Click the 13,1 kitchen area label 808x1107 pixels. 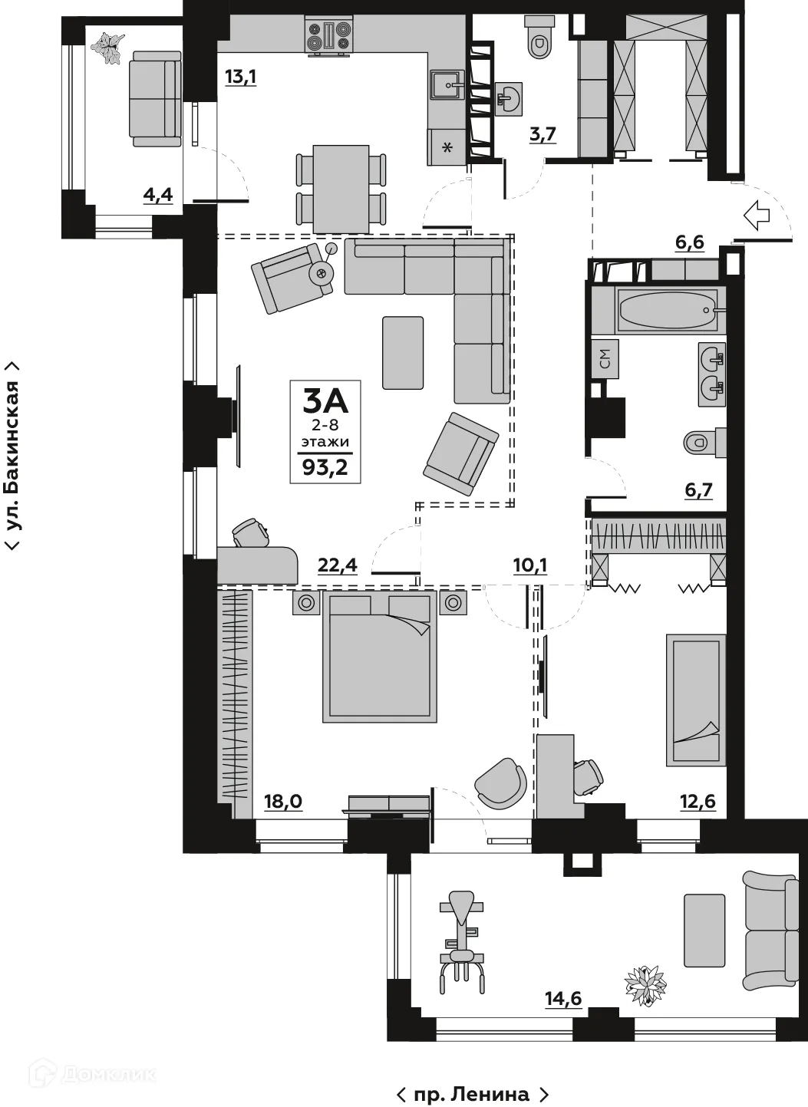pyautogui.click(x=239, y=76)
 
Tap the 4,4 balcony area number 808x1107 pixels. pyautogui.click(x=158, y=195)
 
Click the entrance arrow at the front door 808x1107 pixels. pyautogui.click(x=757, y=216)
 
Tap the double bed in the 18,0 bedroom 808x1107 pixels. pyautogui.click(x=380, y=656)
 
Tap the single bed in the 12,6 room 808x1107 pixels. pyautogui.click(x=695, y=698)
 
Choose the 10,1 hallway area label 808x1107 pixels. pyautogui.click(x=529, y=565)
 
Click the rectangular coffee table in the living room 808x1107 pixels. pyautogui.click(x=403, y=353)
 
